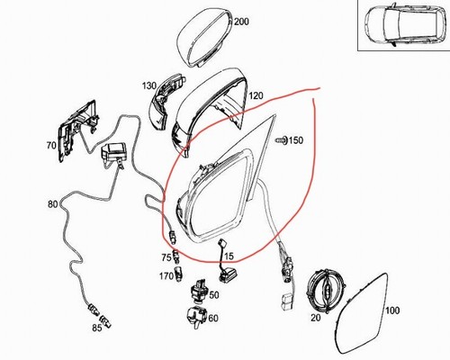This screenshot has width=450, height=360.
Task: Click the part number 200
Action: [241, 22]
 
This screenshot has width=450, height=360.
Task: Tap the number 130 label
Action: [149, 86]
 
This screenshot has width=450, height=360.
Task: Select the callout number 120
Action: [256, 95]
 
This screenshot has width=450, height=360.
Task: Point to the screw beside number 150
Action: [281, 140]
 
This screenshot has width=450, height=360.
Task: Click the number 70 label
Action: [51, 146]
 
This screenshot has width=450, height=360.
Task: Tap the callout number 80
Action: [52, 204]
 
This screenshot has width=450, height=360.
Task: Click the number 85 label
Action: [97, 328]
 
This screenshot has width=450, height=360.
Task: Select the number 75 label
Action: [166, 257]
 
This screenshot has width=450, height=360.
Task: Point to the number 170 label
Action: [166, 275]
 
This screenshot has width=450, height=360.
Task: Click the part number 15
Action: [229, 256]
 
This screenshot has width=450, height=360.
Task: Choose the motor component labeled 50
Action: [199, 292]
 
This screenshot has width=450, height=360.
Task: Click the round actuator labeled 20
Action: [326, 291]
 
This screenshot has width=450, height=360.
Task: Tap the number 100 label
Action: [392, 310]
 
